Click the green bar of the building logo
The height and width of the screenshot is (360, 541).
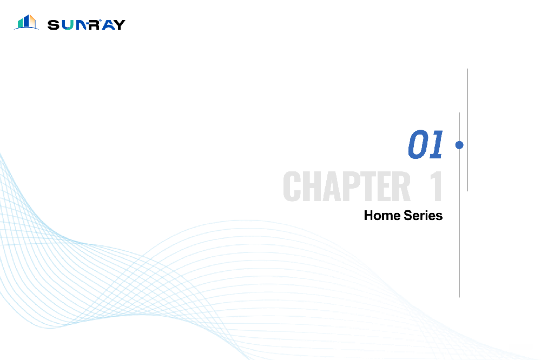click(x=21, y=23)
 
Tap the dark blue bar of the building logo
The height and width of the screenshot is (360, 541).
click(x=26, y=22)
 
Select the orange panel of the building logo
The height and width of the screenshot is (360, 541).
click(x=32, y=22)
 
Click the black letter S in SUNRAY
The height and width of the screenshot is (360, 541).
click(x=54, y=25)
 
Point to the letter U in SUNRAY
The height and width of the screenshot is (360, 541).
click(x=68, y=25)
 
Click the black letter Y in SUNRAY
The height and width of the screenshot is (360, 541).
click(x=119, y=25)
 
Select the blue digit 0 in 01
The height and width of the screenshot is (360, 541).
click(x=418, y=144)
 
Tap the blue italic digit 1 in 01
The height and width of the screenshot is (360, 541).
click(x=436, y=144)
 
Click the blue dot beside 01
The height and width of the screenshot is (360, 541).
click(x=459, y=145)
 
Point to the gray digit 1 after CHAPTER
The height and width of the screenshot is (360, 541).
click(x=436, y=186)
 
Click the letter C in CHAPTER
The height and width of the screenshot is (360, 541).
click(x=292, y=186)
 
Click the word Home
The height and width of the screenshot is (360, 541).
click(x=382, y=216)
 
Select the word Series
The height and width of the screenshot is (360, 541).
click(x=423, y=216)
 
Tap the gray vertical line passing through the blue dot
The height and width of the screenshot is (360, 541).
click(x=459, y=205)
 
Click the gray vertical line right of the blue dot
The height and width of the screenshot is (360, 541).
click(x=467, y=130)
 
